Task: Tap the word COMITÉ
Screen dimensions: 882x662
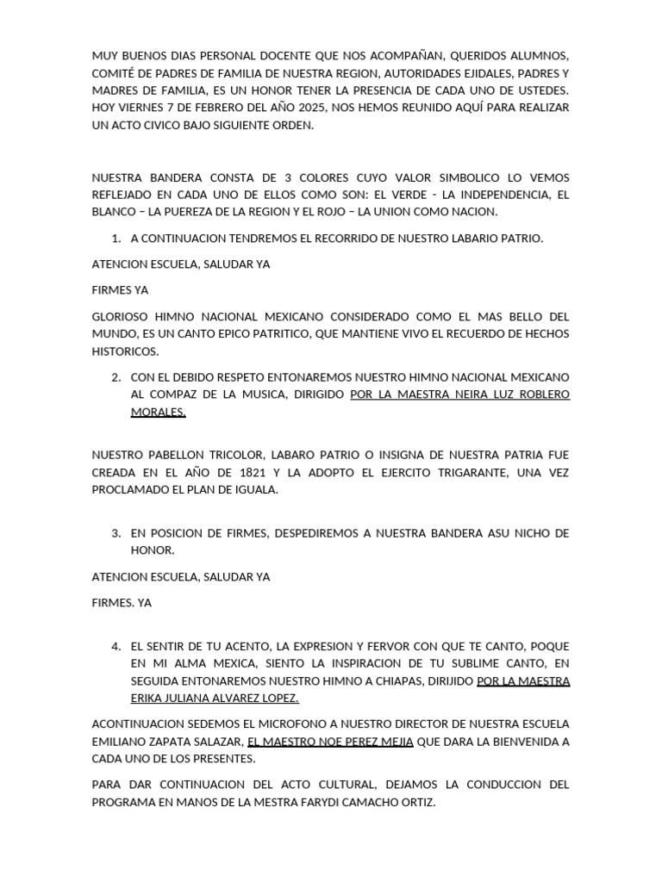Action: click(x=112, y=73)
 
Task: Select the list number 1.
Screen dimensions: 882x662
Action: click(x=116, y=238)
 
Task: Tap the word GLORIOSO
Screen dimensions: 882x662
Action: click(x=122, y=316)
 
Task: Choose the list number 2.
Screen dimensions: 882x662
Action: click(x=116, y=377)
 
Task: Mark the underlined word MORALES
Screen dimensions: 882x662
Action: click(x=158, y=412)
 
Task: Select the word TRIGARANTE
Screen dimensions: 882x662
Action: click(x=452, y=473)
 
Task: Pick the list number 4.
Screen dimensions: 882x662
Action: click(x=116, y=646)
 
